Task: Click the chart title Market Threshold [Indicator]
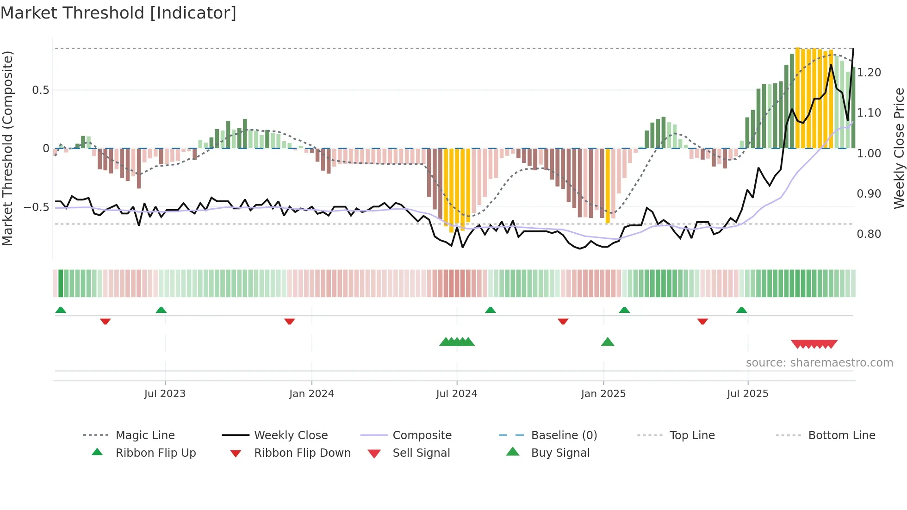pyautogui.click(x=118, y=13)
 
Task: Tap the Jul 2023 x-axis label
pyautogui.click(x=165, y=394)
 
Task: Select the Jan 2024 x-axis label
pyautogui.click(x=311, y=394)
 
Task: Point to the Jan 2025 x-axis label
pyautogui.click(x=603, y=394)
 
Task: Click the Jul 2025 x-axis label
pyautogui.click(x=747, y=394)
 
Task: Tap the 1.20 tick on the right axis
pyautogui.click(x=869, y=73)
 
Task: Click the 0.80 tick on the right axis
pyautogui.click(x=869, y=234)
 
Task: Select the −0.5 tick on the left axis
pyautogui.click(x=37, y=207)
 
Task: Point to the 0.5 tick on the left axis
pyautogui.click(x=40, y=90)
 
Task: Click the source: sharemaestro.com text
pyautogui.click(x=819, y=363)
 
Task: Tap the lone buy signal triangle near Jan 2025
pyautogui.click(x=608, y=342)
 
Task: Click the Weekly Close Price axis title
pyautogui.click(x=899, y=148)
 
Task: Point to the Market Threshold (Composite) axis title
pyautogui.click(x=7, y=148)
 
